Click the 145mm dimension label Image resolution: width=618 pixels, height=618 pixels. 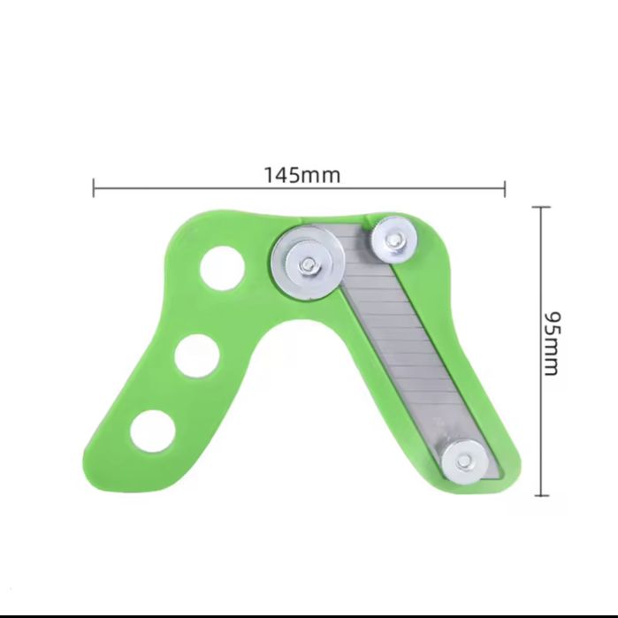pyautogui.click(x=301, y=175)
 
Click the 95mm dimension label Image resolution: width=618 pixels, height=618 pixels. pyautogui.click(x=552, y=345)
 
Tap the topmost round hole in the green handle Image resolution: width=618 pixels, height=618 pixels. pyautogui.click(x=222, y=269)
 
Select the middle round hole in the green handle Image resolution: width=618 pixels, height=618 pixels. pyautogui.click(x=197, y=356)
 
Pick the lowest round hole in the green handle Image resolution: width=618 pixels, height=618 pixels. pyautogui.click(x=153, y=431)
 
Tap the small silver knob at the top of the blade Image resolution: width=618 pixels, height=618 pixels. pyautogui.click(x=394, y=240)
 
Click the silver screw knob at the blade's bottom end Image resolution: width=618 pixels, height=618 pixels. pyautogui.click(x=463, y=461)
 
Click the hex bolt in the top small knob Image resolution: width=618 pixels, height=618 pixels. pyautogui.click(x=393, y=240)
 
